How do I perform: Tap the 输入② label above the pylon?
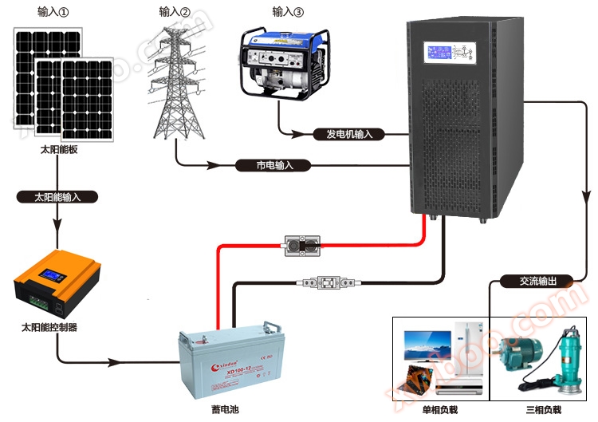(x=175, y=12)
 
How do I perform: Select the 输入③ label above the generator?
(x=288, y=12)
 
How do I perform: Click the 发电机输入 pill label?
(x=349, y=134)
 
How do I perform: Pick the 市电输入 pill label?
(x=275, y=165)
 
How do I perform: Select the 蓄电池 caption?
(x=225, y=409)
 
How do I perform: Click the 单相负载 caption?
(x=439, y=409)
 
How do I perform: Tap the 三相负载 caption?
(x=542, y=409)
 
